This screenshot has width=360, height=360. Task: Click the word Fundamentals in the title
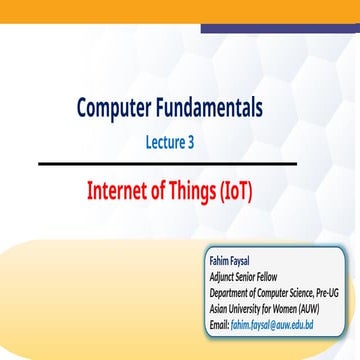point(232,108)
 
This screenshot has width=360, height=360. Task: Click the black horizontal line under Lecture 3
point(180,163)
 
